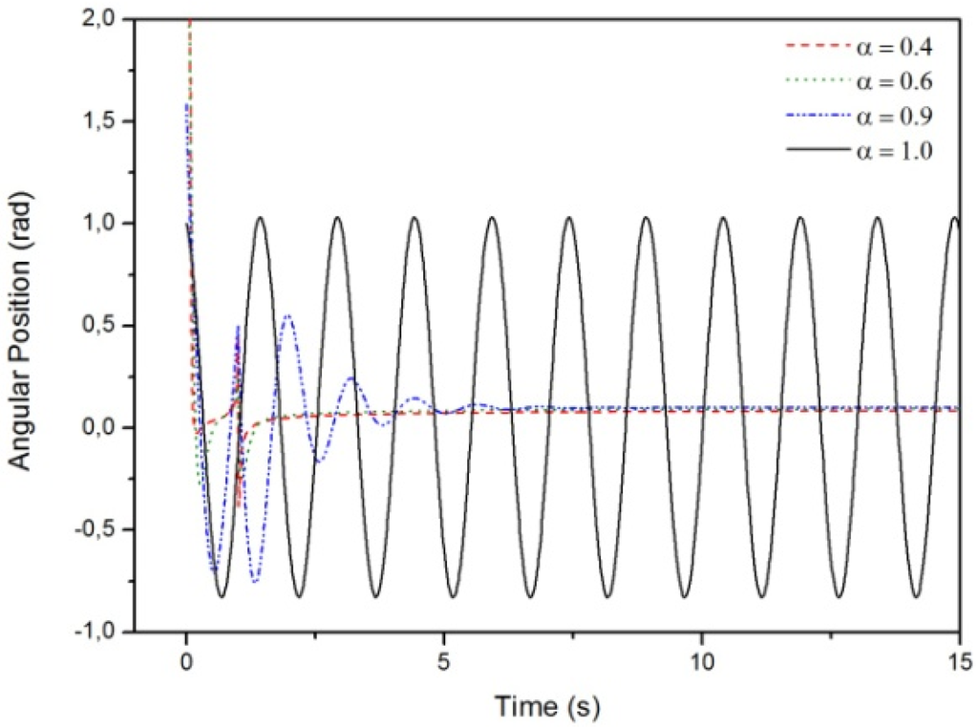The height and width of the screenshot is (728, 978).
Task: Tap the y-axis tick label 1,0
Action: [104, 224]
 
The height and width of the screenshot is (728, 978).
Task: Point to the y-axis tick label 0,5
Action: [104, 326]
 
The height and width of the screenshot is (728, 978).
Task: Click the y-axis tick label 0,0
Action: [104, 428]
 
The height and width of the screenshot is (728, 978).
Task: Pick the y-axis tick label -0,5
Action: [100, 530]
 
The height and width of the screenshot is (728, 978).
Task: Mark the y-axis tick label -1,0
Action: [100, 632]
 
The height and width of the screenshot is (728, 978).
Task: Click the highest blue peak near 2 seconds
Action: [287, 316]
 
